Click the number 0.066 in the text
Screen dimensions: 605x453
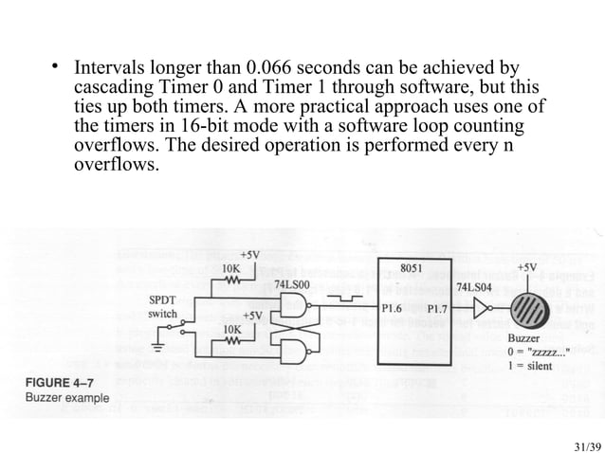click(x=268, y=69)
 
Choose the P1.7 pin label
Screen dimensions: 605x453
click(x=438, y=308)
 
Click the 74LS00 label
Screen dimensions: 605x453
click(x=291, y=282)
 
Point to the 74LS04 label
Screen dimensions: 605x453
click(x=473, y=284)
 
